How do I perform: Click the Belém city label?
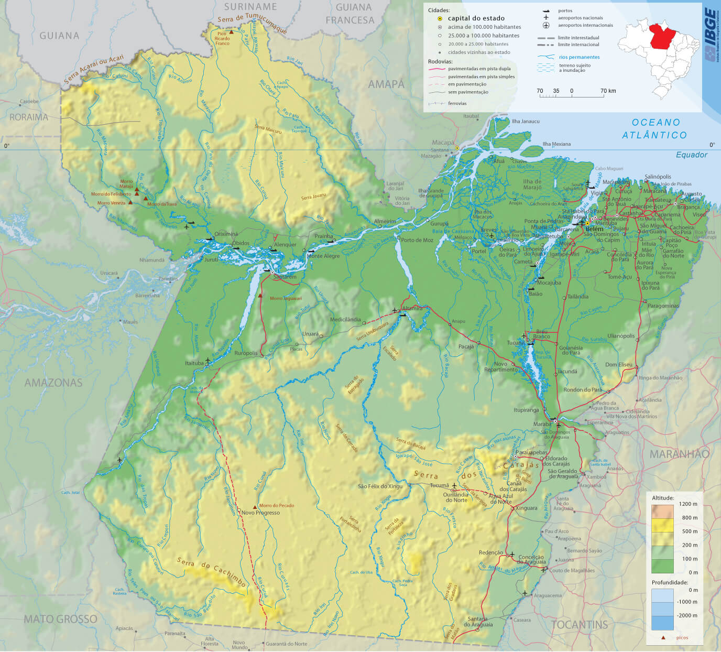pyautogui.click(x=595, y=229)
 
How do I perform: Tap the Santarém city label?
pyautogui.click(x=283, y=277)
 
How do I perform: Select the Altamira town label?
pyautogui.click(x=412, y=308)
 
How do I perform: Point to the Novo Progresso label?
pyautogui.click(x=260, y=513)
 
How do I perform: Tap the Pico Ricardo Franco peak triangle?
pyautogui.click(x=231, y=32)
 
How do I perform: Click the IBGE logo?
pyautogui.click(x=710, y=36)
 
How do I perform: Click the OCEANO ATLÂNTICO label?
pyautogui.click(x=655, y=128)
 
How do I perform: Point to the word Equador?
pyautogui.click(x=691, y=155)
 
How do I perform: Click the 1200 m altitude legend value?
pyautogui.click(x=689, y=504)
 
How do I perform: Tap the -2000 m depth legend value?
pyautogui.click(x=687, y=615)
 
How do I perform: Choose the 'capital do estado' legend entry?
pyautogui.click(x=476, y=18)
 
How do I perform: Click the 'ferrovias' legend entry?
pyautogui.click(x=457, y=103)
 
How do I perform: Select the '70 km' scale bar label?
pyautogui.click(x=608, y=91)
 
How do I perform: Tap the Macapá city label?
pyautogui.click(x=443, y=143)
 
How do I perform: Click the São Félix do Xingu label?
pyautogui.click(x=380, y=486)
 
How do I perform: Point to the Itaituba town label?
pyautogui.click(x=194, y=363)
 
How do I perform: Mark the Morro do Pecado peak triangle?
pyautogui.click(x=255, y=507)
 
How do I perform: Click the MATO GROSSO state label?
pyautogui.click(x=60, y=619)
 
